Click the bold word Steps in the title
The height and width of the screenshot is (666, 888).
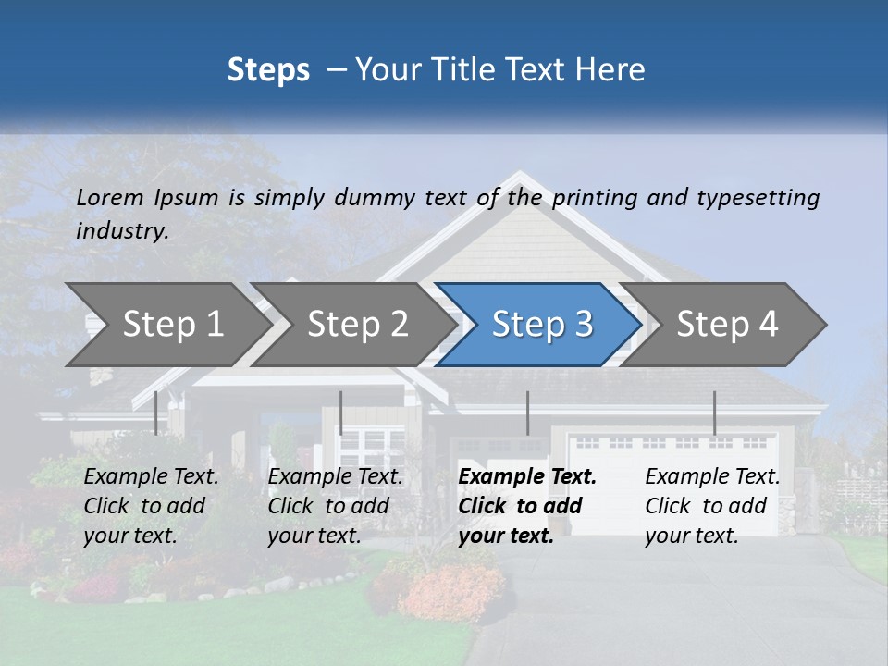[x=268, y=70]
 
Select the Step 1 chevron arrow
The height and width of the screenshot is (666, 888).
[x=166, y=324]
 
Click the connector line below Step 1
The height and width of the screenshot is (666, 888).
[x=155, y=413]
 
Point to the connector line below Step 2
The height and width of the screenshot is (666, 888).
[x=340, y=413]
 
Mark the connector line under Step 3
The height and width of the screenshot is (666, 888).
[x=527, y=413]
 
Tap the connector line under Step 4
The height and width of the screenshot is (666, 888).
[x=714, y=413]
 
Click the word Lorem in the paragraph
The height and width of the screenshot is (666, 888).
[x=110, y=197]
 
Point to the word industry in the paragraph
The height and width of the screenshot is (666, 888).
[x=122, y=231]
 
